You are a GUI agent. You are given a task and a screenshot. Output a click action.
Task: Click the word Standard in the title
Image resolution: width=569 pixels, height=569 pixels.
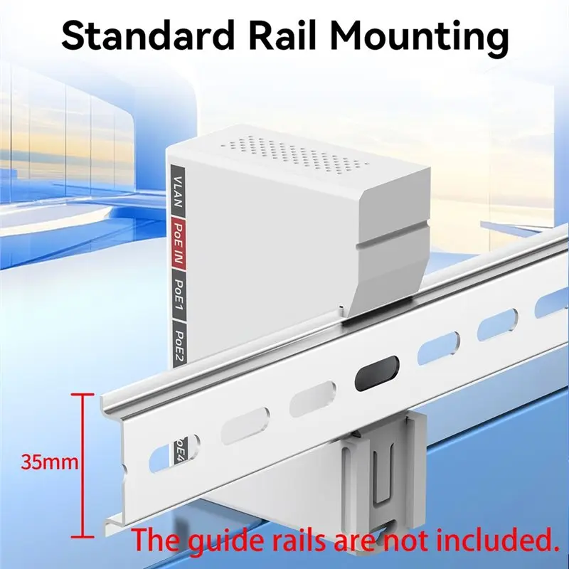[149, 36]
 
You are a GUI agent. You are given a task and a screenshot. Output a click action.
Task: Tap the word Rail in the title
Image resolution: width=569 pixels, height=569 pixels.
[281, 36]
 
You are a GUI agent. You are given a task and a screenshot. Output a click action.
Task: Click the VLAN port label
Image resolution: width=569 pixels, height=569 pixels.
[178, 191]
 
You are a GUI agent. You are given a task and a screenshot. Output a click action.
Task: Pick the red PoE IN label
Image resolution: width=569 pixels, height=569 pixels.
[179, 244]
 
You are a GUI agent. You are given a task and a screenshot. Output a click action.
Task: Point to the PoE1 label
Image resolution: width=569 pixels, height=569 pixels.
[179, 294]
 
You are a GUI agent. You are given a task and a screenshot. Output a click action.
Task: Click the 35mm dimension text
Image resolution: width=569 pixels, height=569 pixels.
[50, 462]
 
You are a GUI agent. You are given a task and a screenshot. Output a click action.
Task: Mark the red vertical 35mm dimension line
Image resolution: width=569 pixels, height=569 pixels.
[83, 466]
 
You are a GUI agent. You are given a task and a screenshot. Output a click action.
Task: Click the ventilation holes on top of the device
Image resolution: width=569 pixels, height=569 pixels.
[294, 154]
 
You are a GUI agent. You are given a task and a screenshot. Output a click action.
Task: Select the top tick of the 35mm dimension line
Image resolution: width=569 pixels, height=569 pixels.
[83, 395]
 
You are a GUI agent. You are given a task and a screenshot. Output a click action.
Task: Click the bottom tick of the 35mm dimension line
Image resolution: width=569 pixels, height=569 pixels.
[83, 537]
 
